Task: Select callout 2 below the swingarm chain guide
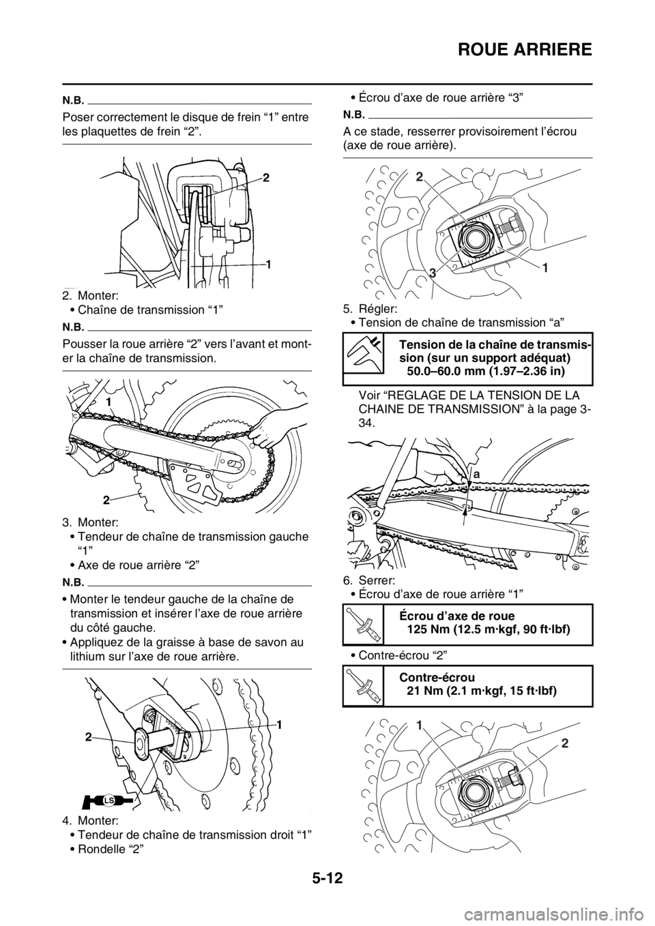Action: (107, 499)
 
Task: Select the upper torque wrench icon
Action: (362, 625)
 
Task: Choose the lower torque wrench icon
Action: (362, 685)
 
